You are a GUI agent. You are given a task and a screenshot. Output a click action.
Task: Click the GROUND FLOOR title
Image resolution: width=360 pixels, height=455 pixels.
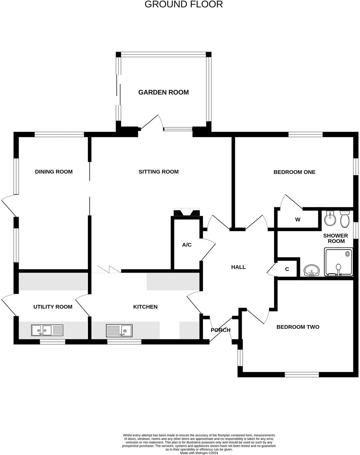183,4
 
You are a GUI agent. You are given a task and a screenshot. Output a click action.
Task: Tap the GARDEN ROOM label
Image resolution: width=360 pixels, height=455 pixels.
164,92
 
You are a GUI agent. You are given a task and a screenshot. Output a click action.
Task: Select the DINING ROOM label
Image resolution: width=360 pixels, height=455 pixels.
54,172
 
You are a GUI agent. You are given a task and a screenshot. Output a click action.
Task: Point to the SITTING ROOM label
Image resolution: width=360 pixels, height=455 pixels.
158,172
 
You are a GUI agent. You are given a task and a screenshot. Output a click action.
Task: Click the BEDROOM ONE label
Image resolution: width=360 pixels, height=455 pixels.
294,172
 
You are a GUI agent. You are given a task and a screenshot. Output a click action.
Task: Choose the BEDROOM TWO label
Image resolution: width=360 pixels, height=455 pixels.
298,327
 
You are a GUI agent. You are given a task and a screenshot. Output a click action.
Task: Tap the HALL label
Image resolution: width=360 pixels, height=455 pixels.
238,267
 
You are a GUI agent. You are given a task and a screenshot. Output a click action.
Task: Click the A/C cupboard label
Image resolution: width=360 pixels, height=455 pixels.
187,245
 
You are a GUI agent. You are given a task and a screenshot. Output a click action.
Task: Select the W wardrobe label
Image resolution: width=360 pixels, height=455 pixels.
298,219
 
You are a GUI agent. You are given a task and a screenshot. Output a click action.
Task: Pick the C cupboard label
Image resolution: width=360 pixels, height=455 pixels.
287,269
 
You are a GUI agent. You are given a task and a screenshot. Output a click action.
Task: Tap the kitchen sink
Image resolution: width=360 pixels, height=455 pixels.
119,330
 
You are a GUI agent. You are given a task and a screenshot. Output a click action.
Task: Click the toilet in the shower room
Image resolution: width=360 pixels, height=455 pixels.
344,219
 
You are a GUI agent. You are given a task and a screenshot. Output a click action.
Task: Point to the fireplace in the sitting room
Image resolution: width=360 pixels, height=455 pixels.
187,212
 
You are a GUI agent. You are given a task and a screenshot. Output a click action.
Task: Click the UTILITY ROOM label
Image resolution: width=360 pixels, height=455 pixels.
53,307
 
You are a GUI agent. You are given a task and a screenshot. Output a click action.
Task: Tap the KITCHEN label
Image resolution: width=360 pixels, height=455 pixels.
145,307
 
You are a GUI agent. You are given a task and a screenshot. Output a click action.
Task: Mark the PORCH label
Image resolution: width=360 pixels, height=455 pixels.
221,330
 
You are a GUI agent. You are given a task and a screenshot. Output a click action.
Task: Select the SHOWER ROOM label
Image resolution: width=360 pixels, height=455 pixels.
336,238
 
